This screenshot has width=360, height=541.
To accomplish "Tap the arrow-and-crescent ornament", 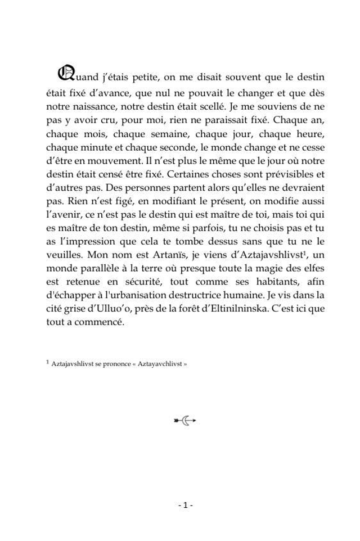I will click(184, 420).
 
